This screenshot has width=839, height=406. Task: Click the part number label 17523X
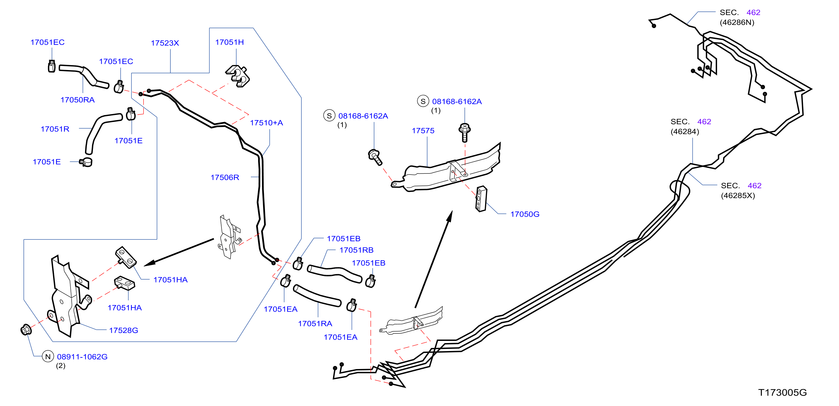point(165,43)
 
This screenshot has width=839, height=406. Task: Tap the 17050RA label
point(77,100)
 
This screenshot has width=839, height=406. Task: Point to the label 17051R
point(55,129)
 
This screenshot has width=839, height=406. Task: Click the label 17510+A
point(266,123)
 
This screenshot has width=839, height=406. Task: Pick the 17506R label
point(225,178)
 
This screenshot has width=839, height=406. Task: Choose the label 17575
point(423,131)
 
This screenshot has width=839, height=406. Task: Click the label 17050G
point(525,214)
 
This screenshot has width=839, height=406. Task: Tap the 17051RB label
point(356,250)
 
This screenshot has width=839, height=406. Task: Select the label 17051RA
point(315,324)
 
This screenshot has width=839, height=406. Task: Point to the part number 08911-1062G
point(82,357)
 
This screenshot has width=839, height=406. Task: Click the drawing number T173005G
point(782,393)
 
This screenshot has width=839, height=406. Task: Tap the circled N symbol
point(48,357)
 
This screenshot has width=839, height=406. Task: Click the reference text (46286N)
point(737,22)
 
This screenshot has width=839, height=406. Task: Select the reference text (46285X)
point(738,196)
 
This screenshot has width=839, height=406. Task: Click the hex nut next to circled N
point(26,330)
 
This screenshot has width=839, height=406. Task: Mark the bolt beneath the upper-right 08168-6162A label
point(465,132)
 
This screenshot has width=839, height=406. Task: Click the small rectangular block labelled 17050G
point(481,199)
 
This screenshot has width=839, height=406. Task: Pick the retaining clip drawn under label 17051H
point(237,76)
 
